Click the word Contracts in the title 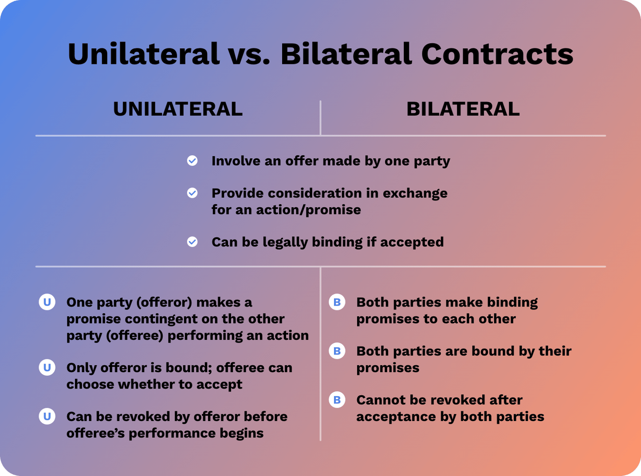coord(497,54)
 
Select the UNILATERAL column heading coord(178,109)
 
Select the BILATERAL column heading coord(463,109)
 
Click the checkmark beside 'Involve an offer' coord(192,161)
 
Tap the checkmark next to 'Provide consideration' coord(192,193)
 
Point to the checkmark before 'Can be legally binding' coord(192,242)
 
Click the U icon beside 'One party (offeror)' coord(47,302)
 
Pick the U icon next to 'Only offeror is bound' coord(47,367)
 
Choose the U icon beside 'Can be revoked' coord(47,416)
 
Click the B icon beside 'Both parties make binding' coord(337,302)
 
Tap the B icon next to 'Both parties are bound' coord(337,351)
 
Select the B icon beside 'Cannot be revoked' coord(337,400)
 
